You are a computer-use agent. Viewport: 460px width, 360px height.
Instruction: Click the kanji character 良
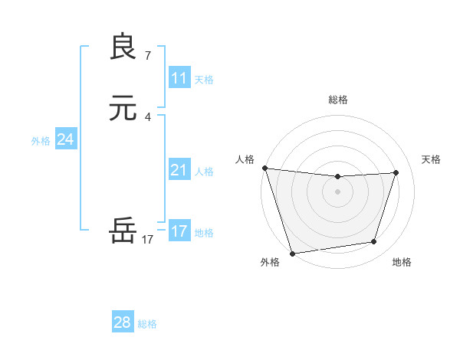[x=123, y=47]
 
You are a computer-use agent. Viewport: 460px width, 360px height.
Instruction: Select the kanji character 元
[x=123, y=109]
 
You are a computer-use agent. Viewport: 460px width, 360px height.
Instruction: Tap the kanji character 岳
[x=123, y=230]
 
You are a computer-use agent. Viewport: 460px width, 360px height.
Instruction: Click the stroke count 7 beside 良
[x=148, y=55]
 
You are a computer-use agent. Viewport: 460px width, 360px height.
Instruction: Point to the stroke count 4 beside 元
[x=148, y=116]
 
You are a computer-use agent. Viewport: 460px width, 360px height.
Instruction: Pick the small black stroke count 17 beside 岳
[x=148, y=239]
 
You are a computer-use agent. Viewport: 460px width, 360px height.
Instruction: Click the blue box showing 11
[x=179, y=78]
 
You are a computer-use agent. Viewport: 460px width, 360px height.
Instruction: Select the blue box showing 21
[x=179, y=170]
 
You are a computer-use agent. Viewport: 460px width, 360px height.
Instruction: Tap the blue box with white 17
[x=179, y=231]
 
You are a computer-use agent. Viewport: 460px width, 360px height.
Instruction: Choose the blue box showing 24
[x=66, y=139]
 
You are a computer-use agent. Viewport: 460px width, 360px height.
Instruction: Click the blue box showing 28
[x=123, y=322]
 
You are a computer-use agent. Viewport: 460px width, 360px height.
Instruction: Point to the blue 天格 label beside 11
[x=204, y=80]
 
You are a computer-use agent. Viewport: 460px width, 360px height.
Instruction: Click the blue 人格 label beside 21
[x=204, y=172]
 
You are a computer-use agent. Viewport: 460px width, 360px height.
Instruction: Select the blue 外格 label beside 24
[x=41, y=141]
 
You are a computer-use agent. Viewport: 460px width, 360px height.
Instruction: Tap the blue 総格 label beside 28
[x=147, y=324]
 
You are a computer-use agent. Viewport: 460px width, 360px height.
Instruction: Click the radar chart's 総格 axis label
[x=338, y=100]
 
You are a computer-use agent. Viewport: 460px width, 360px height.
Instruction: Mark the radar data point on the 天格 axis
[x=396, y=172]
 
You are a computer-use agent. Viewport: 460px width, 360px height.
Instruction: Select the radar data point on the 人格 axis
[x=264, y=168]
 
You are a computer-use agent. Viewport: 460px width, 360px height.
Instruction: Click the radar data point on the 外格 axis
[x=292, y=253]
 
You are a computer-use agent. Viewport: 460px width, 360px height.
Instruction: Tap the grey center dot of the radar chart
[x=338, y=191]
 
